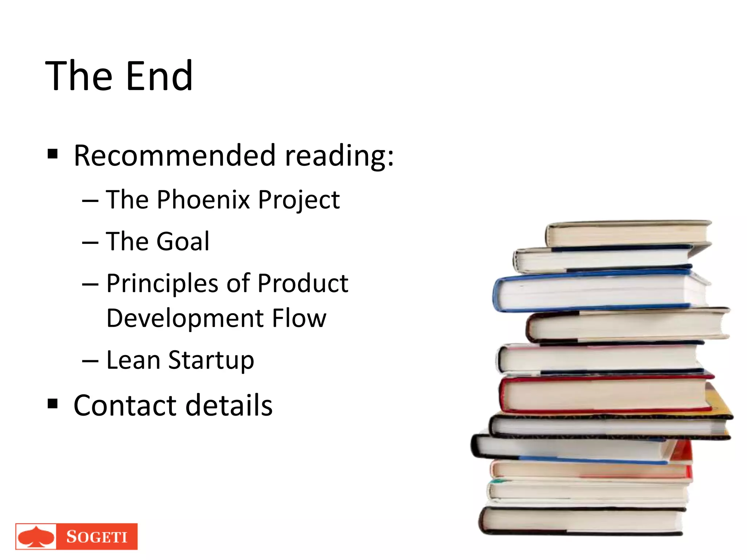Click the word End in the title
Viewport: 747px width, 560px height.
[x=159, y=76]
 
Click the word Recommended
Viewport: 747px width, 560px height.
[x=174, y=156]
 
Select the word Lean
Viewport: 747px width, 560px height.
[x=133, y=360]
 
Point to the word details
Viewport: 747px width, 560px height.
[x=229, y=405]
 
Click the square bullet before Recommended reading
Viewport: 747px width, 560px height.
[x=53, y=154]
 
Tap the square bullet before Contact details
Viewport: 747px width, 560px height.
[x=53, y=404]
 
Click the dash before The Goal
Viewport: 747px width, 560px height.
[x=90, y=242]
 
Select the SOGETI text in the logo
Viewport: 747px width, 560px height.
[x=97, y=537]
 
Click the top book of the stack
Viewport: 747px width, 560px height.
[x=627, y=234]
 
